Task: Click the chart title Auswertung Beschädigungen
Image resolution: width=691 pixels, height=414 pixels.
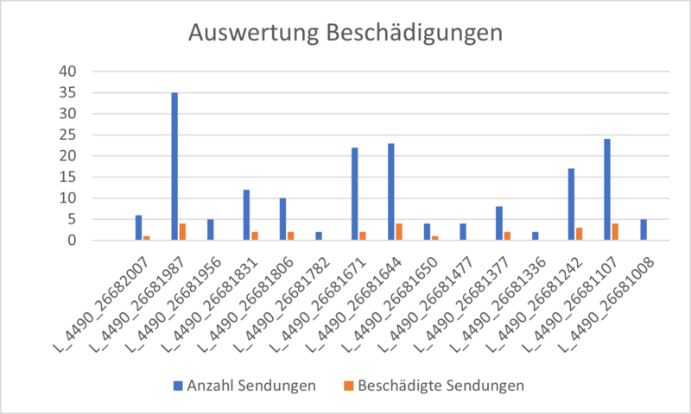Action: [x=345, y=34]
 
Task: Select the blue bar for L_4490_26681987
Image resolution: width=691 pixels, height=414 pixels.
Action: [x=174, y=166]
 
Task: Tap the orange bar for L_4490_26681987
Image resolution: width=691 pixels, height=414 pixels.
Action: [x=183, y=232]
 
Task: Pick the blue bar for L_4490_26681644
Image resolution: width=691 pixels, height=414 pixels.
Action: [x=390, y=191]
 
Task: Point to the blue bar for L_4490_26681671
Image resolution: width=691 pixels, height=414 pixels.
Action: [x=355, y=194]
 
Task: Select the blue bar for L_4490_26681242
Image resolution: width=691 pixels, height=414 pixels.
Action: [x=571, y=204]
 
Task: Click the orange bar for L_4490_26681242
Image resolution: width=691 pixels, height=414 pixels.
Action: [x=579, y=234]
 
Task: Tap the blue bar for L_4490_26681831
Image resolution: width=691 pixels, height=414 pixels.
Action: [x=246, y=215]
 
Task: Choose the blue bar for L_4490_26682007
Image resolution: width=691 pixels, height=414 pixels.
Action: [x=138, y=228]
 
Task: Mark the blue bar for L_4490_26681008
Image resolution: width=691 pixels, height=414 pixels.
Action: [x=643, y=229]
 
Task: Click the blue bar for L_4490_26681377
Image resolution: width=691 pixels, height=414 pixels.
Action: [x=498, y=223]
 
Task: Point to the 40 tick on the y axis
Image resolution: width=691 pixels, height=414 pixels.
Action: [x=66, y=71]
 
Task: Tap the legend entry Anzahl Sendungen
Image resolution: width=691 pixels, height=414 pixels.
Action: [x=244, y=386]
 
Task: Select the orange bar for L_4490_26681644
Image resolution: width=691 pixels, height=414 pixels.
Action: [x=399, y=232]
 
